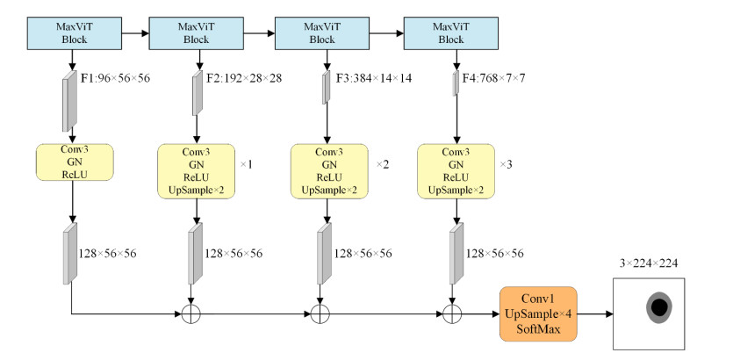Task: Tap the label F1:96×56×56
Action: point(116,79)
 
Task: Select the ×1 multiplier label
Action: point(246,163)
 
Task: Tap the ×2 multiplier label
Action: point(382,163)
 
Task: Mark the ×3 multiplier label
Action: point(506,163)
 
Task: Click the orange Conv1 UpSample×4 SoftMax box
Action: point(538,313)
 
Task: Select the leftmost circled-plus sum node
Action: point(190,313)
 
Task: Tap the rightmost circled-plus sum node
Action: point(453,313)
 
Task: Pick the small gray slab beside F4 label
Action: point(455,85)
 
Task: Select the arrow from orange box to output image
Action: point(596,313)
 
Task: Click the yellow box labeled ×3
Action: point(453,170)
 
